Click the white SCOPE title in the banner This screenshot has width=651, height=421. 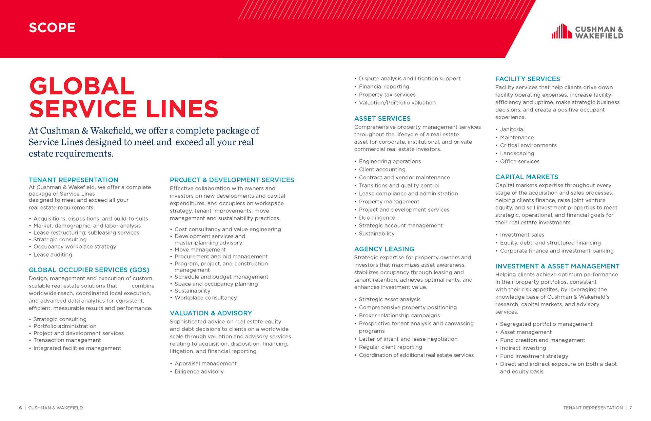52,28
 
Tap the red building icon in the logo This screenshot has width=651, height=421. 562,31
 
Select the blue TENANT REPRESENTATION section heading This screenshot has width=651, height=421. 74,180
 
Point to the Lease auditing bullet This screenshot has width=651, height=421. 53,255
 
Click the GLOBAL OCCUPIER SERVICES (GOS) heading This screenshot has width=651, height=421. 89,270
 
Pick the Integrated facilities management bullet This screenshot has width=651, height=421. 77,348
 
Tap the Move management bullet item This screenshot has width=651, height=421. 200,250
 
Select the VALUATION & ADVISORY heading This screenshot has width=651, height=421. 211,313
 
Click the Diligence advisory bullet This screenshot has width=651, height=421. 199,372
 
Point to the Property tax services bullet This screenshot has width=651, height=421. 387,95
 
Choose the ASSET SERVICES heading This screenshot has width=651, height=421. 382,119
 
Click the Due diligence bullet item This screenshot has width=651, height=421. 377,218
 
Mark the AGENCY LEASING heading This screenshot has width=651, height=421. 384,249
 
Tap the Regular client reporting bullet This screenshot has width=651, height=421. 390,347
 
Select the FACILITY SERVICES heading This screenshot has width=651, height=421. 527,79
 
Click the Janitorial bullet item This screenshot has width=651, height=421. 512,129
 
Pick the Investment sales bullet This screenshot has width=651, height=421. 522,235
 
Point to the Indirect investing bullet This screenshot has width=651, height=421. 523,348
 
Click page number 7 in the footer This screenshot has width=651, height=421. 631,408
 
